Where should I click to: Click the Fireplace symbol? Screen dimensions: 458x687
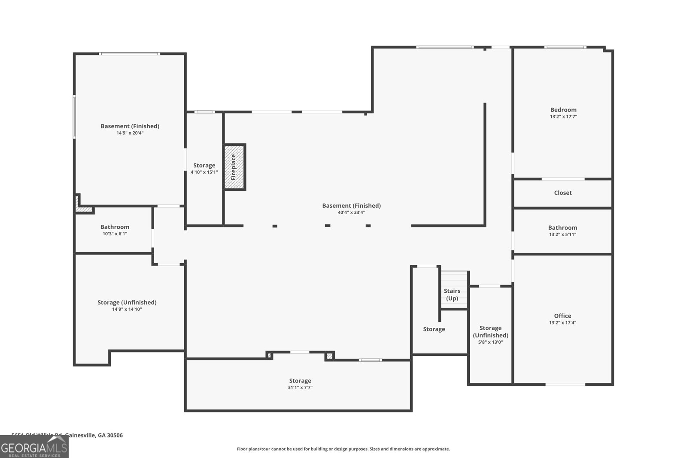coord(234,167)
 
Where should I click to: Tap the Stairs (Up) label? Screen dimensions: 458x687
coord(452,294)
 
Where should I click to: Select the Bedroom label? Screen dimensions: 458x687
coord(563,109)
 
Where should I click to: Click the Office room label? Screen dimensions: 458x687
coord(562,315)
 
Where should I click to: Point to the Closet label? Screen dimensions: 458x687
coord(562,193)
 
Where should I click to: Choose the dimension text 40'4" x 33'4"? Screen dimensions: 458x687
coord(351,212)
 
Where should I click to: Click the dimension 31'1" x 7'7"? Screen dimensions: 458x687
coord(300,388)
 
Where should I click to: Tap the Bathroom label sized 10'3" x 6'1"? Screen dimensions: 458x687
coord(115,227)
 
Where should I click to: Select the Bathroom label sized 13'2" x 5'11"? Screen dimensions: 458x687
coord(562,227)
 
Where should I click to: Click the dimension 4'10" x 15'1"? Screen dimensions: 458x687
coord(204,172)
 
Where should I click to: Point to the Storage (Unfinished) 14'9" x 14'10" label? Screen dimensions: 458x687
coord(127,302)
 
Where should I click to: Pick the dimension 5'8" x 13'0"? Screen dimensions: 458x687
coord(490,342)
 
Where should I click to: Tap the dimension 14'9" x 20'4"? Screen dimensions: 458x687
coord(130,133)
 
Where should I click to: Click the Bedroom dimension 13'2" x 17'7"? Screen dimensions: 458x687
coord(563,116)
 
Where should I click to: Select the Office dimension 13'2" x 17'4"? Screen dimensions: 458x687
coord(562,323)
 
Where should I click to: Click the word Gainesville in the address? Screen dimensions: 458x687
coord(80,435)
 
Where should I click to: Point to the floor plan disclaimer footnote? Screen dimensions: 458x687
coord(343,449)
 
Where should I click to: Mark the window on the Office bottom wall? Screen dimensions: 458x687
coord(565,385)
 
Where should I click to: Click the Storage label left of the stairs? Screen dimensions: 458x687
coord(434,329)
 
